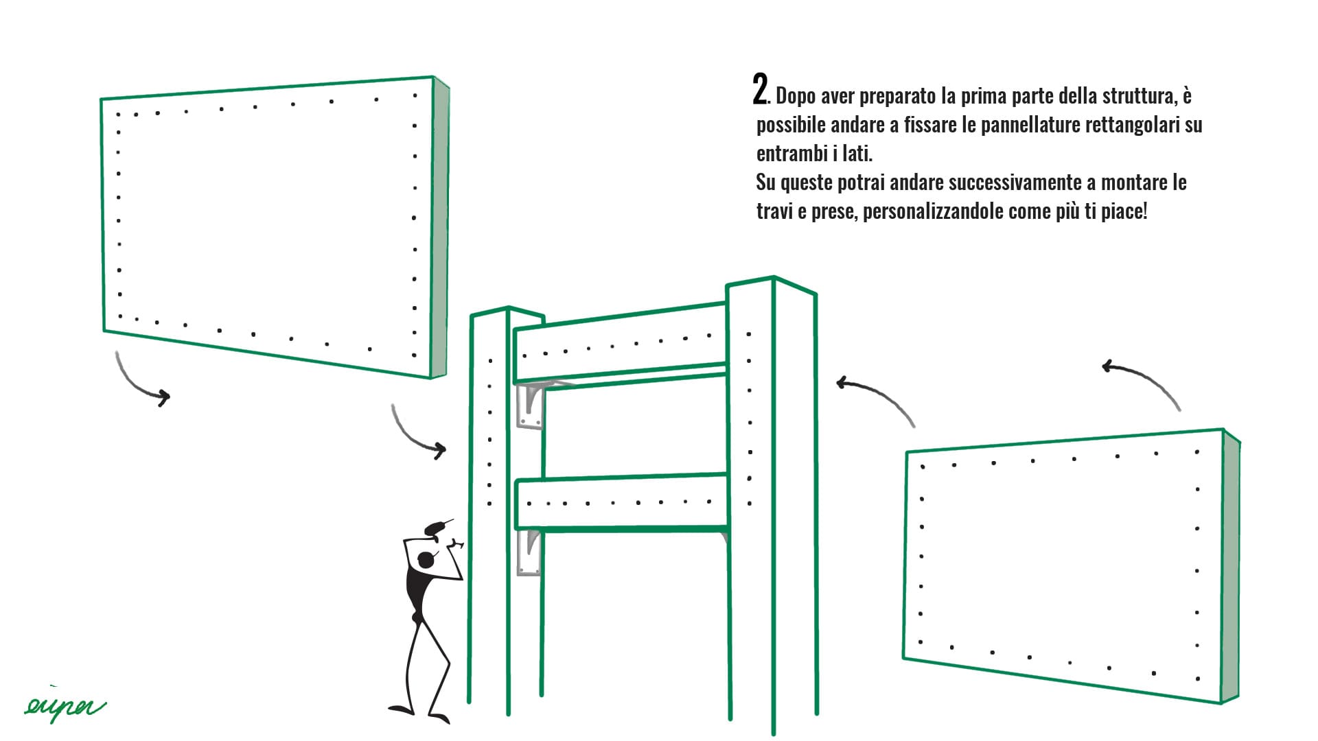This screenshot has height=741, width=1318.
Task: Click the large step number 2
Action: click(760, 90)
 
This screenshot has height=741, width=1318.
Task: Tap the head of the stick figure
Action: click(426, 560)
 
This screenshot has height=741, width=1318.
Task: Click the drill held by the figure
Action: click(438, 528)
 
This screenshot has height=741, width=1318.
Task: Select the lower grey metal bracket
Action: click(529, 552)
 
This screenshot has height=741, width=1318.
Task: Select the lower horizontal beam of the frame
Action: click(622, 502)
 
